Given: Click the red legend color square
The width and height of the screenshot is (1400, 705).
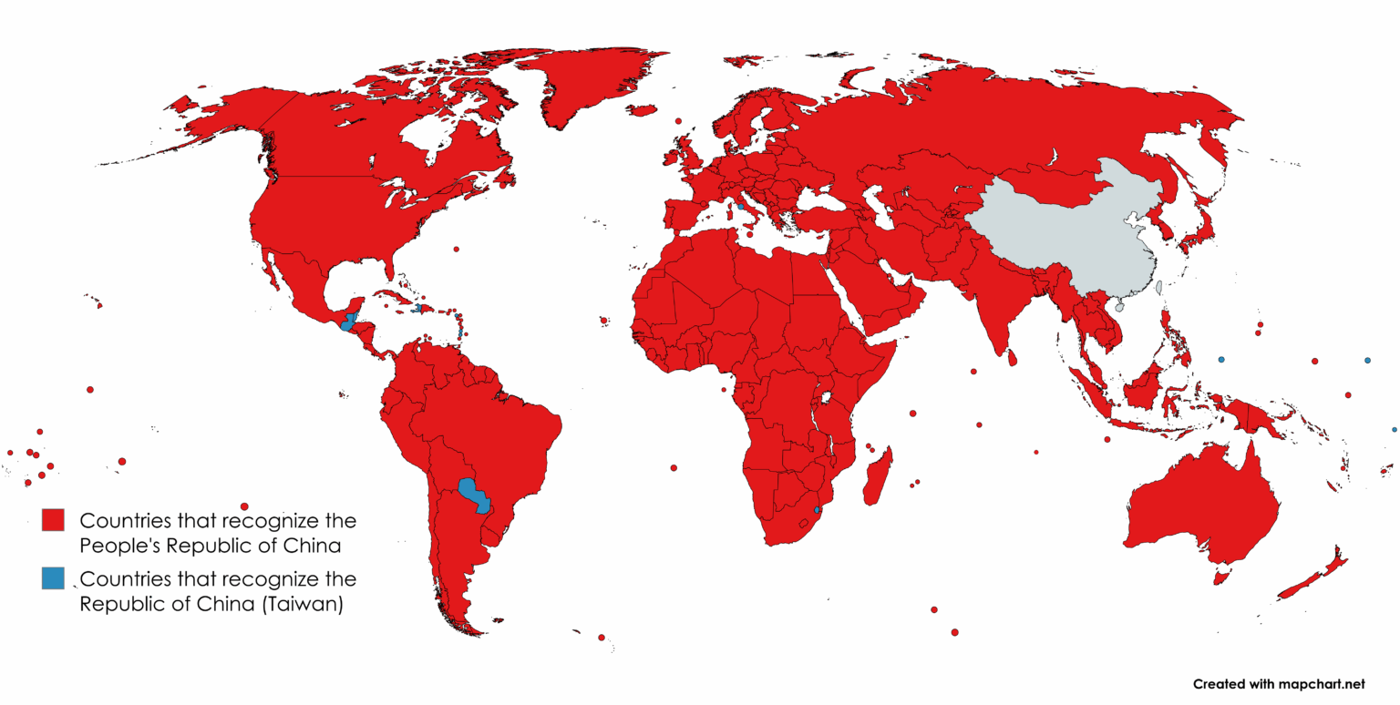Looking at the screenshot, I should pos(53,521).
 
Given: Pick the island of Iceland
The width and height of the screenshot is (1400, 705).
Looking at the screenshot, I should pos(643,110).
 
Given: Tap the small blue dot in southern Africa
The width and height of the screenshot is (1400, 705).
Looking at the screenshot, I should pos(818,509).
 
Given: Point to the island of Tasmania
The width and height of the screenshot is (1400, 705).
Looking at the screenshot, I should pos(1221,577).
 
